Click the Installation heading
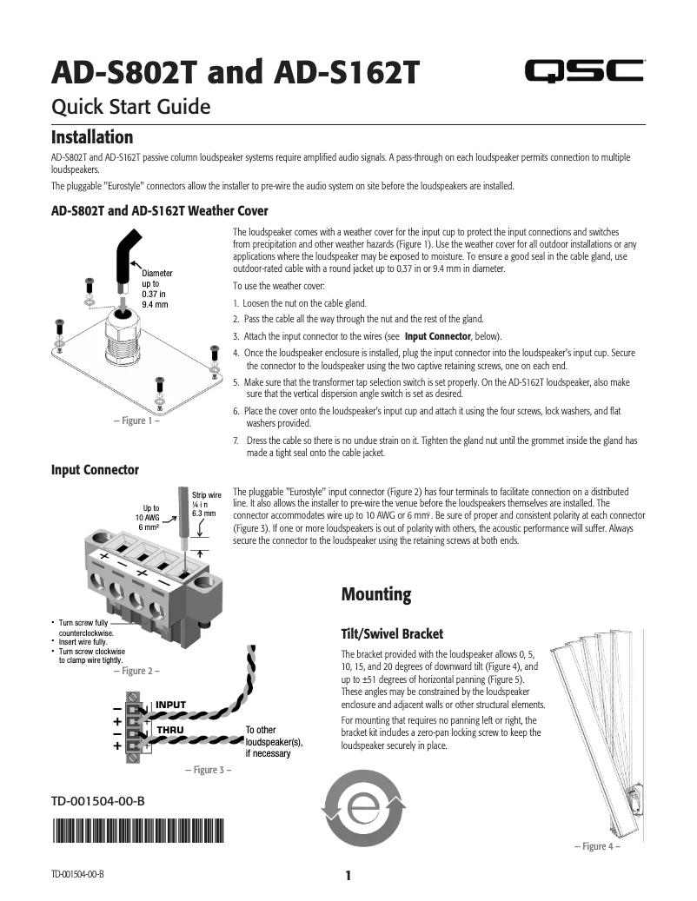[x=92, y=137]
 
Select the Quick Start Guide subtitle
[x=131, y=108]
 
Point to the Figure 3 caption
[x=207, y=770]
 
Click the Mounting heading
[x=375, y=595]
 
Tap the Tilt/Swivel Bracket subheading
[x=392, y=633]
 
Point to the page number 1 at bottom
[x=348, y=875]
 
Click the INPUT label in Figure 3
[x=170, y=704]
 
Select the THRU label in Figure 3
[x=169, y=730]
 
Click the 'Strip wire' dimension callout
[x=207, y=504]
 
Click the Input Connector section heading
[x=95, y=470]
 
